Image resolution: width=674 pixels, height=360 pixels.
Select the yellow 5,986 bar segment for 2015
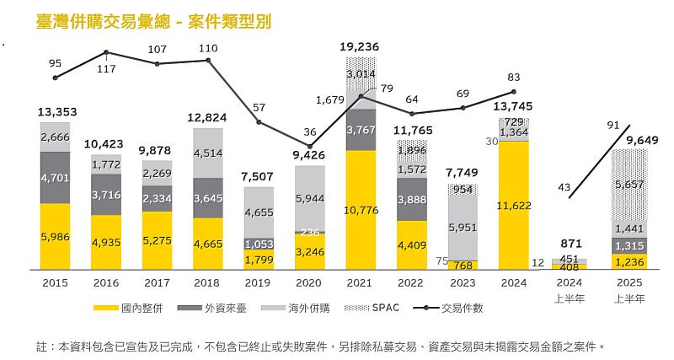[x=56, y=237]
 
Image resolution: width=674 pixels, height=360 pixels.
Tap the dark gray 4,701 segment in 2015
[x=56, y=178]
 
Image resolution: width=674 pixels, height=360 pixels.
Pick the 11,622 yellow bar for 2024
[x=514, y=204]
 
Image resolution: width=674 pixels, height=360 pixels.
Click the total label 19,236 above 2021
[x=361, y=47]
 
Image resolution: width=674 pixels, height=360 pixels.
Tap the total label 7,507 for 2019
[x=259, y=175]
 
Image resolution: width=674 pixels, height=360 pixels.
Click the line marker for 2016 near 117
[x=106, y=52]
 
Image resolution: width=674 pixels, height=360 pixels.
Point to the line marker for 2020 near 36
[x=310, y=146]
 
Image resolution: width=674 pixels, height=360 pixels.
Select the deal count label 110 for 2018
[x=208, y=48]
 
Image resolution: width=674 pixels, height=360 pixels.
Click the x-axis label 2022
[x=412, y=283]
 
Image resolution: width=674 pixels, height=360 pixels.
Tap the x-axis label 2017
[x=158, y=283]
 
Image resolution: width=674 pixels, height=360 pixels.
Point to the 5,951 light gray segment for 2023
[x=463, y=227]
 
